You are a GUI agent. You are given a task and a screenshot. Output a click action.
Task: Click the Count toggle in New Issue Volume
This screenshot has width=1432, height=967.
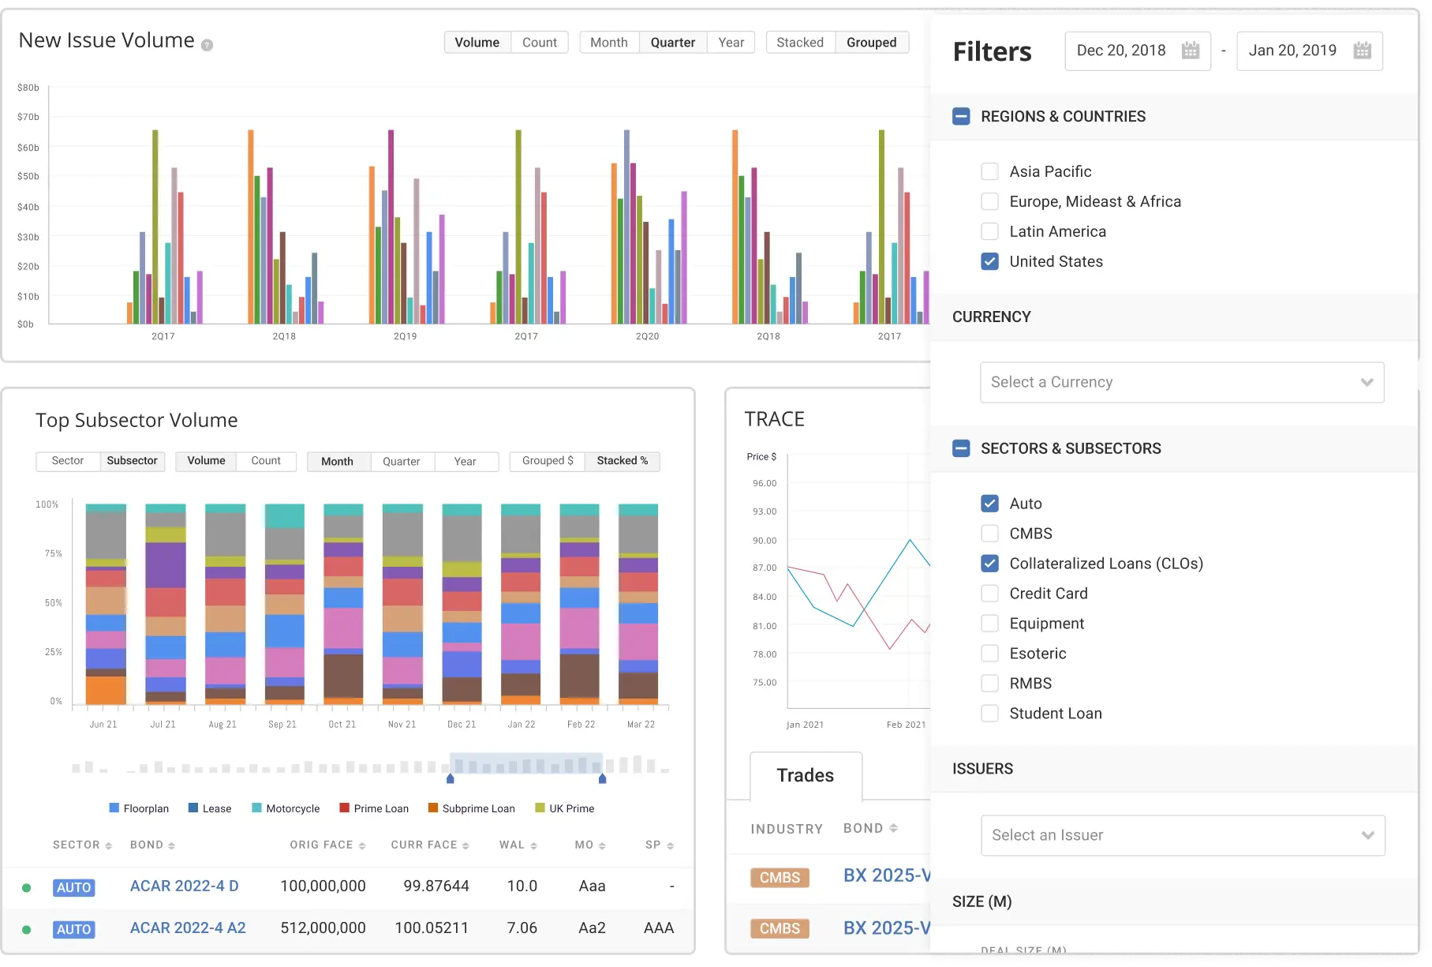[x=539, y=43]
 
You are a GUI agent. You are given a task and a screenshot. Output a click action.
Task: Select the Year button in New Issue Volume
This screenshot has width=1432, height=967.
[x=731, y=43]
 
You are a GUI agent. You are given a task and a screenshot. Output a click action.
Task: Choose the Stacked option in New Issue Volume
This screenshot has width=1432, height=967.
[x=799, y=43]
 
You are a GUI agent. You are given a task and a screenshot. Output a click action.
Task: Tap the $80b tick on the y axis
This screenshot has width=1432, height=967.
[x=28, y=88]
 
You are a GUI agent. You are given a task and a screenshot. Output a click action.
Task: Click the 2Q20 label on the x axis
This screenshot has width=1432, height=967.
[x=647, y=336]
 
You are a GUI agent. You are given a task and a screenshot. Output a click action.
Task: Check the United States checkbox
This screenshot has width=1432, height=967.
[x=989, y=261]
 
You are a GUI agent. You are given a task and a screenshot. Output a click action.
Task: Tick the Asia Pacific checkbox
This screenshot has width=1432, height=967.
[x=989, y=171]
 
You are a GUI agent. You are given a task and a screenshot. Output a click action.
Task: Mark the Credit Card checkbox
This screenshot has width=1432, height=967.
[x=989, y=594]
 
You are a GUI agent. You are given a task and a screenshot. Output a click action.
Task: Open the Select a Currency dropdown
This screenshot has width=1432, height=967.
[x=1181, y=382]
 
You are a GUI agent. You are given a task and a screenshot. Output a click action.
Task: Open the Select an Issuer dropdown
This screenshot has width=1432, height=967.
[x=1182, y=835]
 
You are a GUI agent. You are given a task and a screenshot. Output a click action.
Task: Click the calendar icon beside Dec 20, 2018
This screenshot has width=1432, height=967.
[x=1190, y=51]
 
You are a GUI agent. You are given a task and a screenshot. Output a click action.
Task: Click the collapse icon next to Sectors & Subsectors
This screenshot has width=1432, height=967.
[x=961, y=448]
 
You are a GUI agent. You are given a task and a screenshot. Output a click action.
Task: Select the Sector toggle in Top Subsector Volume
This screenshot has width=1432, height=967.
[x=68, y=461]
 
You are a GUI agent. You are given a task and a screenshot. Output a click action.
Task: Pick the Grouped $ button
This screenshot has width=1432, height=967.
[x=547, y=461]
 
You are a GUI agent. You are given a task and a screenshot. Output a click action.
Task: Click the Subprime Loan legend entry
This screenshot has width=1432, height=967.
[x=478, y=808]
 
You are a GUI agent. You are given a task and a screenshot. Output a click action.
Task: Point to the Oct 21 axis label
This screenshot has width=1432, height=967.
[x=342, y=724]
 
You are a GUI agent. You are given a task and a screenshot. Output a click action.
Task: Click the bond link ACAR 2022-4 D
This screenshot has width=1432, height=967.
[x=184, y=886]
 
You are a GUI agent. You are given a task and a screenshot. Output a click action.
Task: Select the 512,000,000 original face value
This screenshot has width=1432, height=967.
[x=323, y=928]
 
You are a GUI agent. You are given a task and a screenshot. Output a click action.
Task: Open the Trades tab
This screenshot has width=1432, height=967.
[x=805, y=775]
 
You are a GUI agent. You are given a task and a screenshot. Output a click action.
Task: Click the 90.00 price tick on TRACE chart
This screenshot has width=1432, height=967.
[x=764, y=541]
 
